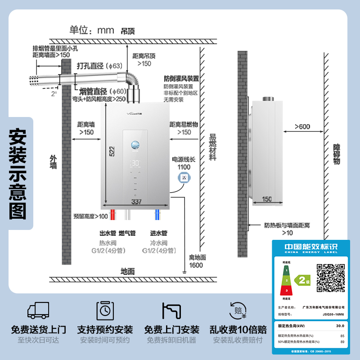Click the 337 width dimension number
pyautogui.click(x=136, y=202)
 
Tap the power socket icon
pyautogui.click(x=184, y=179)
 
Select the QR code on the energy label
pyautogui.click(x=331, y=278)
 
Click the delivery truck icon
pyautogui.click(x=38, y=310)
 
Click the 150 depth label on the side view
pyautogui.click(x=267, y=199)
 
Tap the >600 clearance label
pyautogui.click(x=302, y=127)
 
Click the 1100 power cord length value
pyautogui.click(x=184, y=167)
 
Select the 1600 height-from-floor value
pyautogui.click(x=196, y=265)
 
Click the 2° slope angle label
pyautogui.click(x=54, y=94)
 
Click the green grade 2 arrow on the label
pyautogui.click(x=302, y=280)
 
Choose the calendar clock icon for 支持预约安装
pyautogui.click(x=105, y=310)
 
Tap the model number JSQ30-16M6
pyautogui.click(x=333, y=315)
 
